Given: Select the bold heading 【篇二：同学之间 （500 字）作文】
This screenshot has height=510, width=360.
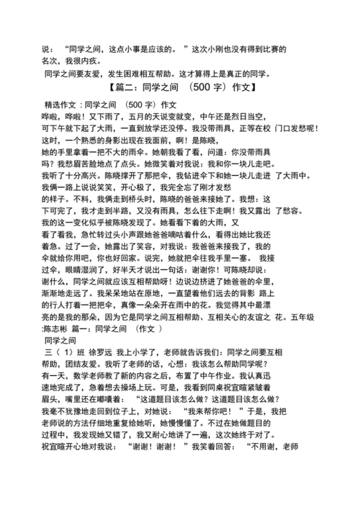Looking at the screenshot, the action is click(x=179, y=89).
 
